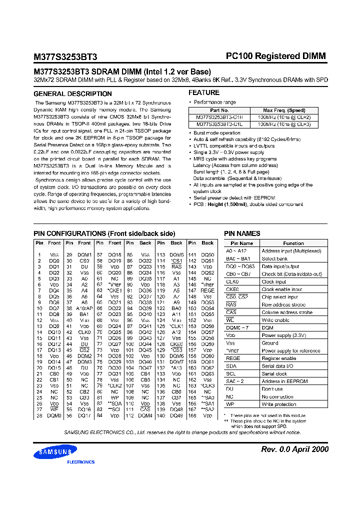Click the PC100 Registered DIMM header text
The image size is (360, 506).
(x=275, y=56)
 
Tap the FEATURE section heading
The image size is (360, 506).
(x=203, y=92)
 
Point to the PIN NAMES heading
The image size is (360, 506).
(x=242, y=233)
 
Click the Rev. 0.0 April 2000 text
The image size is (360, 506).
(x=295, y=449)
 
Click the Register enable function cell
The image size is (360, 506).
(x=279, y=358)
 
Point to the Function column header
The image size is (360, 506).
(x=293, y=243)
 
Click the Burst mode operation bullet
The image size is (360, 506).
(x=216, y=133)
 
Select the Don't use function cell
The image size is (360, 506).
(x=272, y=389)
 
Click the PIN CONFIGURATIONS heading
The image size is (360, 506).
(x=104, y=233)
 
